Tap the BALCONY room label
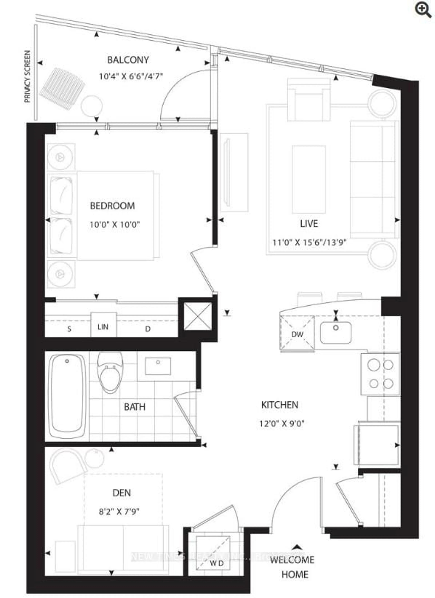point(128,60)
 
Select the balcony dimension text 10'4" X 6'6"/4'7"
point(131,77)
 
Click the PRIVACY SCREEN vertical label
point(27,76)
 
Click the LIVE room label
point(309,224)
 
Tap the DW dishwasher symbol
point(297,334)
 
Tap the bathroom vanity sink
point(158,366)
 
